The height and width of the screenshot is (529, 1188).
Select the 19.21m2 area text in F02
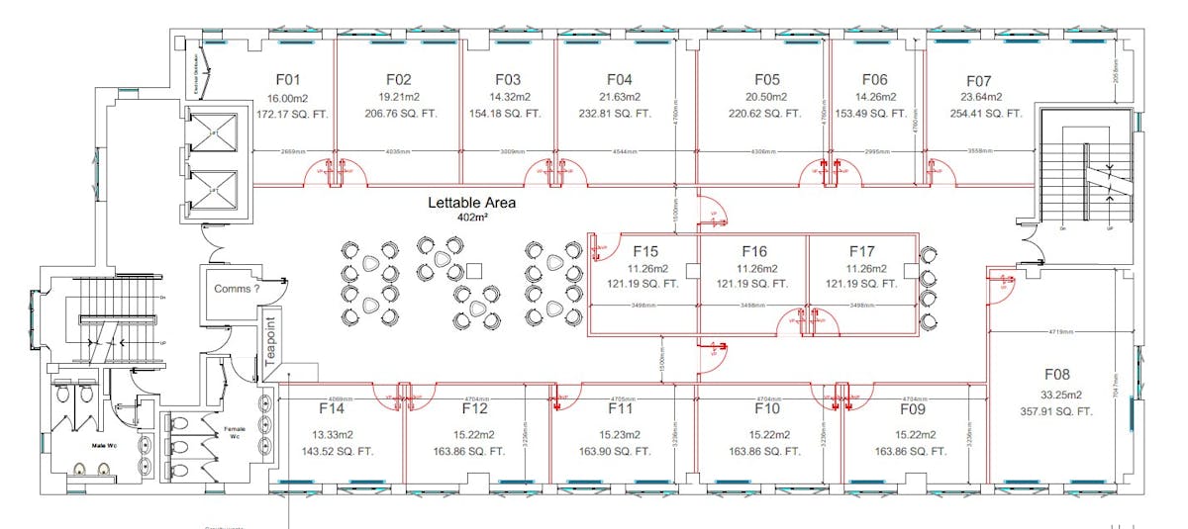tap(399, 97)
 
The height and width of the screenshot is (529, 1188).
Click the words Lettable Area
tap(471, 203)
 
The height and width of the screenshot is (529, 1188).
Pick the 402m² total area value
tap(471, 219)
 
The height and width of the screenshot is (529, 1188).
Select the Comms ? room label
tap(237, 290)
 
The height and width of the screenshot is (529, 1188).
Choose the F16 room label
tap(753, 251)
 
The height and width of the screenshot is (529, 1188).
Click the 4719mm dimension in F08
tap(1059, 332)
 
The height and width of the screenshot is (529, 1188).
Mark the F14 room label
tap(332, 408)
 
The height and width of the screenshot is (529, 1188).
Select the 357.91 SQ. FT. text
tap(1056, 411)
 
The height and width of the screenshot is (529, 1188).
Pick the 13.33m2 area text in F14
tap(332, 434)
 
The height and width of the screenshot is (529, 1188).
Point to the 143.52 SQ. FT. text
tap(332, 451)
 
